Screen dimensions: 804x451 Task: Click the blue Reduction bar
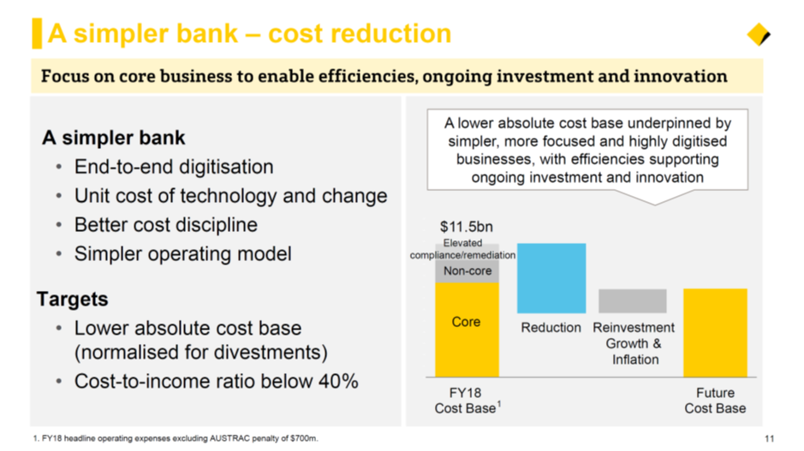tap(551, 278)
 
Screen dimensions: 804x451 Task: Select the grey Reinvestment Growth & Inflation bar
tap(633, 301)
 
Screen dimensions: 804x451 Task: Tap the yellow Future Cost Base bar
tap(715, 333)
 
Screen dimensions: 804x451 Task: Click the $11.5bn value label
tap(467, 227)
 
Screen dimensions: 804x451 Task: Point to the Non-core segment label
tap(468, 270)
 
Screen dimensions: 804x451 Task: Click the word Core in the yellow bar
tap(466, 321)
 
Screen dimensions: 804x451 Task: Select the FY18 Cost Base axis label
tap(468, 401)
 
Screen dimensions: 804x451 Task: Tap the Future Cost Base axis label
tap(715, 401)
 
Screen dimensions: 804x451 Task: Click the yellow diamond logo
tap(759, 35)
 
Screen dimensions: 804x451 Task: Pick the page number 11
tap(769, 438)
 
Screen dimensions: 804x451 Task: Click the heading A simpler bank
tap(113, 137)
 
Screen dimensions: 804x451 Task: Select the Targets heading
tap(72, 299)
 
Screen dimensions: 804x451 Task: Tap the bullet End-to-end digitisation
tap(174, 167)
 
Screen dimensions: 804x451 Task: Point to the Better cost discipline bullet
tap(165, 224)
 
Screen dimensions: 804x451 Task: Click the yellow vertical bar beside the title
tap(37, 33)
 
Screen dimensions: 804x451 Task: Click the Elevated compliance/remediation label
tap(462, 248)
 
